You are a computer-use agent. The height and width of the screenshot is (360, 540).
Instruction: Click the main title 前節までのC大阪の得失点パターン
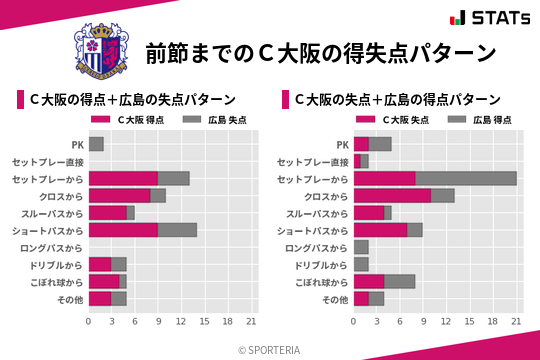(x=320, y=52)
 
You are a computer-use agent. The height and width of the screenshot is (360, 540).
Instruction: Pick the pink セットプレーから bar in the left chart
(x=123, y=178)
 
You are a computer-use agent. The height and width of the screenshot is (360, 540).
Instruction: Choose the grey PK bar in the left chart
(x=96, y=144)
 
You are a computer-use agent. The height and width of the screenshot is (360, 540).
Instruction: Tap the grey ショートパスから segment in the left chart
(x=177, y=230)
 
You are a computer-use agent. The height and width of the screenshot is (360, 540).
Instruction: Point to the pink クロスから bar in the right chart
(x=392, y=195)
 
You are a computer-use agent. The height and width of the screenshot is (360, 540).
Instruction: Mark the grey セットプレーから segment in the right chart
(x=466, y=178)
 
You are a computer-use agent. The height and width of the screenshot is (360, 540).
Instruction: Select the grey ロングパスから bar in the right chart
(x=361, y=247)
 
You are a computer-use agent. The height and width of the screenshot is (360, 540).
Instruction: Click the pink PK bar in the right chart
(x=361, y=144)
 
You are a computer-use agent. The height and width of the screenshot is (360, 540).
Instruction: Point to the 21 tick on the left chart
(x=251, y=321)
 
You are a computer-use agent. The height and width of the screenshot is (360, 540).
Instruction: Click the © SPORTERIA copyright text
(x=270, y=349)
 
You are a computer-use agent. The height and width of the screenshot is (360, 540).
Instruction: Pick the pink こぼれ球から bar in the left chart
(x=104, y=281)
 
